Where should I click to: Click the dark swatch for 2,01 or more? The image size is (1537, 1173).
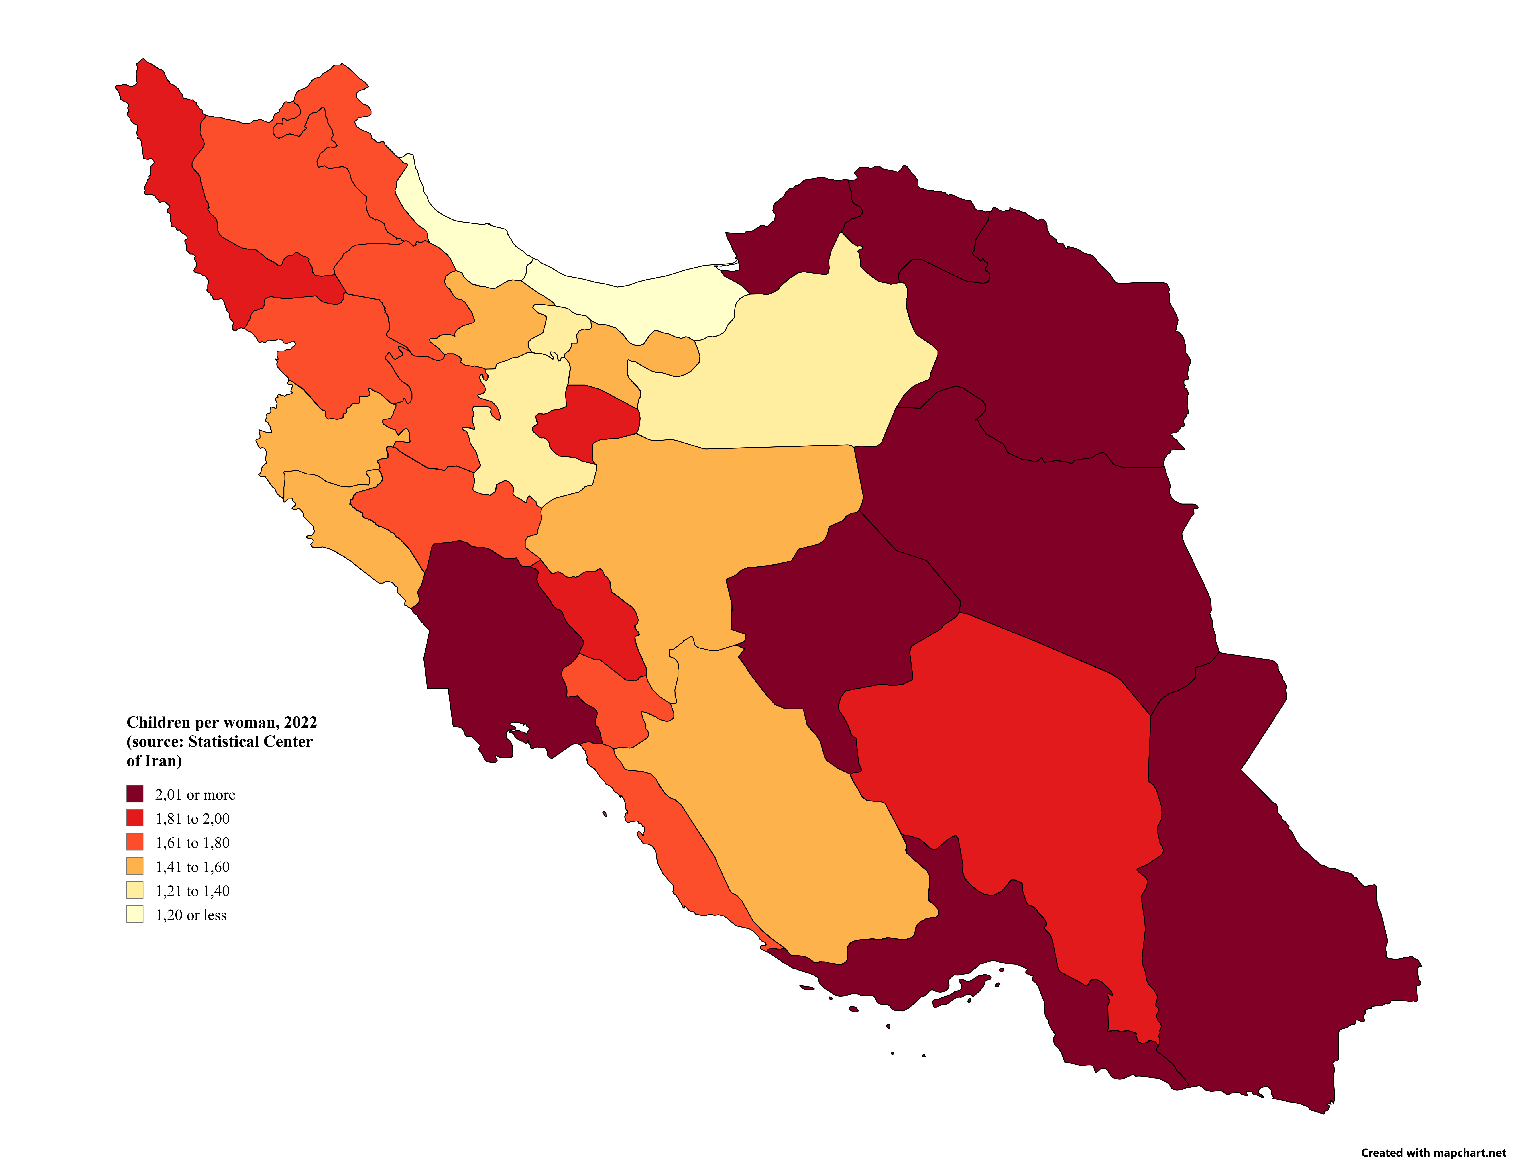pos(135,794)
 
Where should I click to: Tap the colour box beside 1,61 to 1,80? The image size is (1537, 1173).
pos(135,842)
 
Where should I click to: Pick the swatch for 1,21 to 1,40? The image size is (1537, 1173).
pos(135,890)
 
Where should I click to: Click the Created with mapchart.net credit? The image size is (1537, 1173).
pos(1433,1153)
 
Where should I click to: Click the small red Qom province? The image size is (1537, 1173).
pos(594,419)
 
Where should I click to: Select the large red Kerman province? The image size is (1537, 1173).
pos(1012,768)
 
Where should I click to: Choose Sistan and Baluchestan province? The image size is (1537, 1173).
pos(1257,908)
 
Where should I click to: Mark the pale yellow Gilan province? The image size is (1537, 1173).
pos(461,237)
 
